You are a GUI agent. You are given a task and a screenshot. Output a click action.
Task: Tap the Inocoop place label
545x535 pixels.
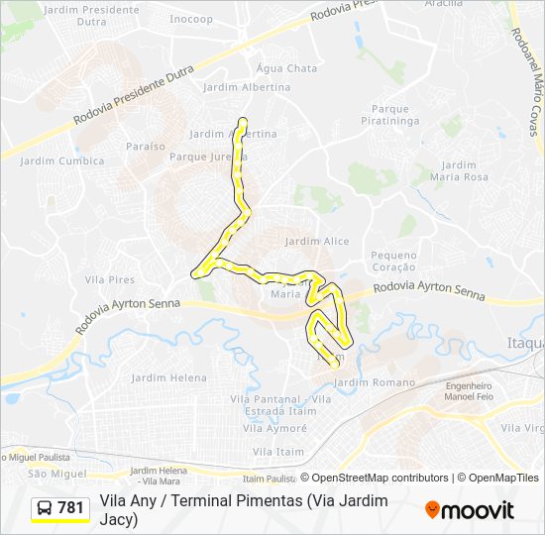click(191, 19)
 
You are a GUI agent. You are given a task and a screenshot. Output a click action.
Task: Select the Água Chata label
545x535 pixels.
click(286, 68)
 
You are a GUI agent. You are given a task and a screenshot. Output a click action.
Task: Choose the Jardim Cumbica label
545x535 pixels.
click(61, 161)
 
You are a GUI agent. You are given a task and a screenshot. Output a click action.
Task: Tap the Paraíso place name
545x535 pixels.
click(146, 146)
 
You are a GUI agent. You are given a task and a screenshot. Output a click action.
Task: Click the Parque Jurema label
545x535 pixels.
click(207, 157)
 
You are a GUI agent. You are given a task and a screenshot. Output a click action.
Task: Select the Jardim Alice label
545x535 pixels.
click(316, 241)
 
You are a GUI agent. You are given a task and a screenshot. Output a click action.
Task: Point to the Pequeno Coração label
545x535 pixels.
click(393, 261)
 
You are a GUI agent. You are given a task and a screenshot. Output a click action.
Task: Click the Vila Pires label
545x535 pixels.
click(109, 280)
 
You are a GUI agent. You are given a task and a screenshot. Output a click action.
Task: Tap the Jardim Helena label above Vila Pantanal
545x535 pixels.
click(168, 377)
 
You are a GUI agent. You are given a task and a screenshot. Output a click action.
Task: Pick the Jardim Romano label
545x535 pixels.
click(375, 381)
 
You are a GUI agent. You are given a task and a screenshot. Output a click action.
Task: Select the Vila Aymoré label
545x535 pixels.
click(273, 429)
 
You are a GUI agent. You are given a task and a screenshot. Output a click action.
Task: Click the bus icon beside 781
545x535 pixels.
click(45, 508)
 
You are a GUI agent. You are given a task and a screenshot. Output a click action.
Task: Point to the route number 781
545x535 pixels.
click(70, 508)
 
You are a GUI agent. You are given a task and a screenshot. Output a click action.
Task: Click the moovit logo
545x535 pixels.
click(469, 510)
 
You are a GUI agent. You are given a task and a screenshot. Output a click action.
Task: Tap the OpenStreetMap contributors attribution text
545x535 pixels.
click(380, 478)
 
